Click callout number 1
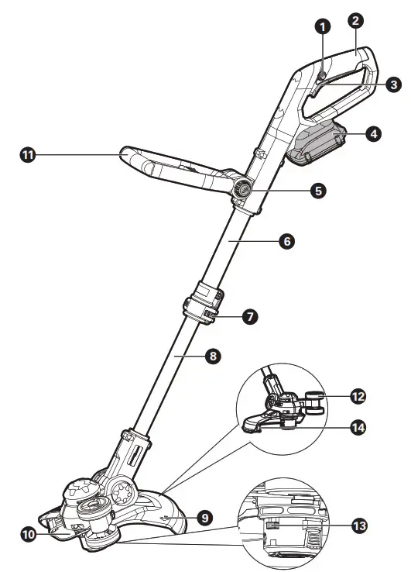(324, 26)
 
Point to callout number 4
(373, 133)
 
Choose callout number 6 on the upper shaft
(286, 241)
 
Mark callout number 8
(214, 357)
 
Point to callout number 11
(28, 155)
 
